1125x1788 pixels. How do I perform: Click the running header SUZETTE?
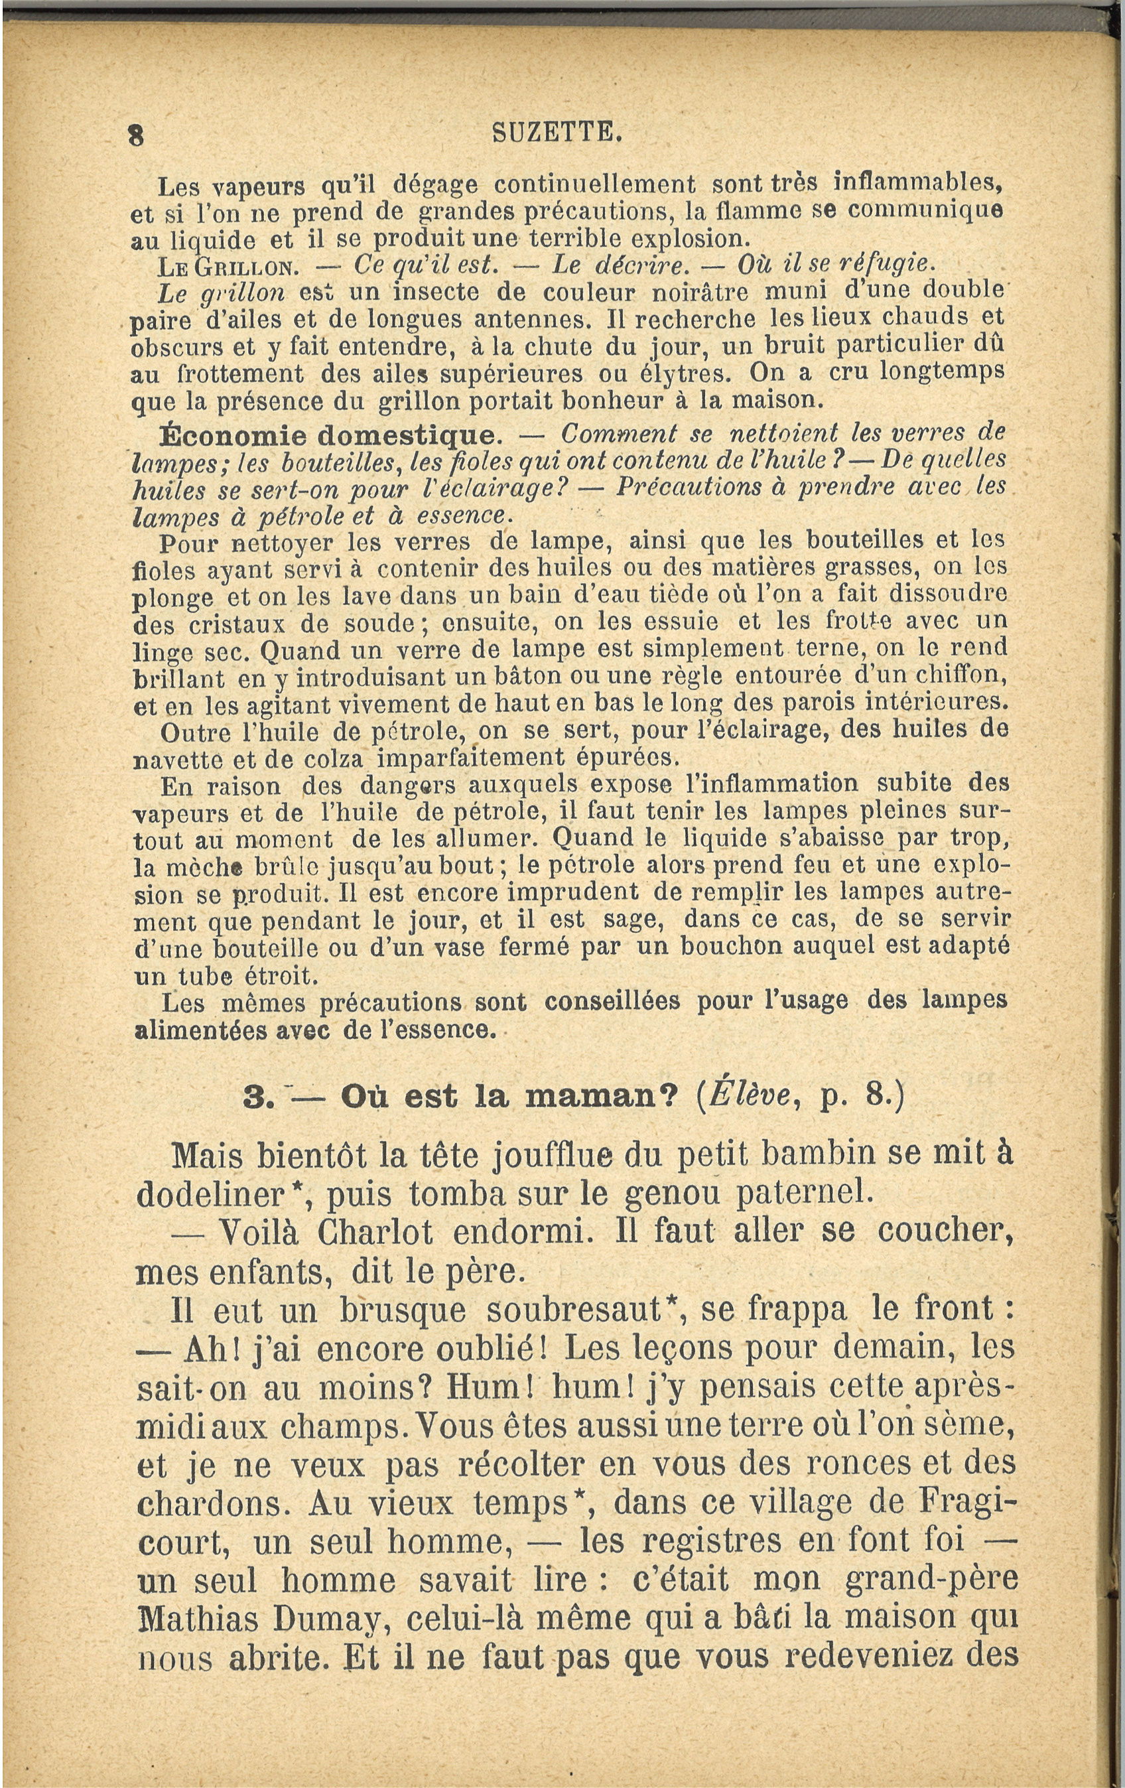click(556, 133)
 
